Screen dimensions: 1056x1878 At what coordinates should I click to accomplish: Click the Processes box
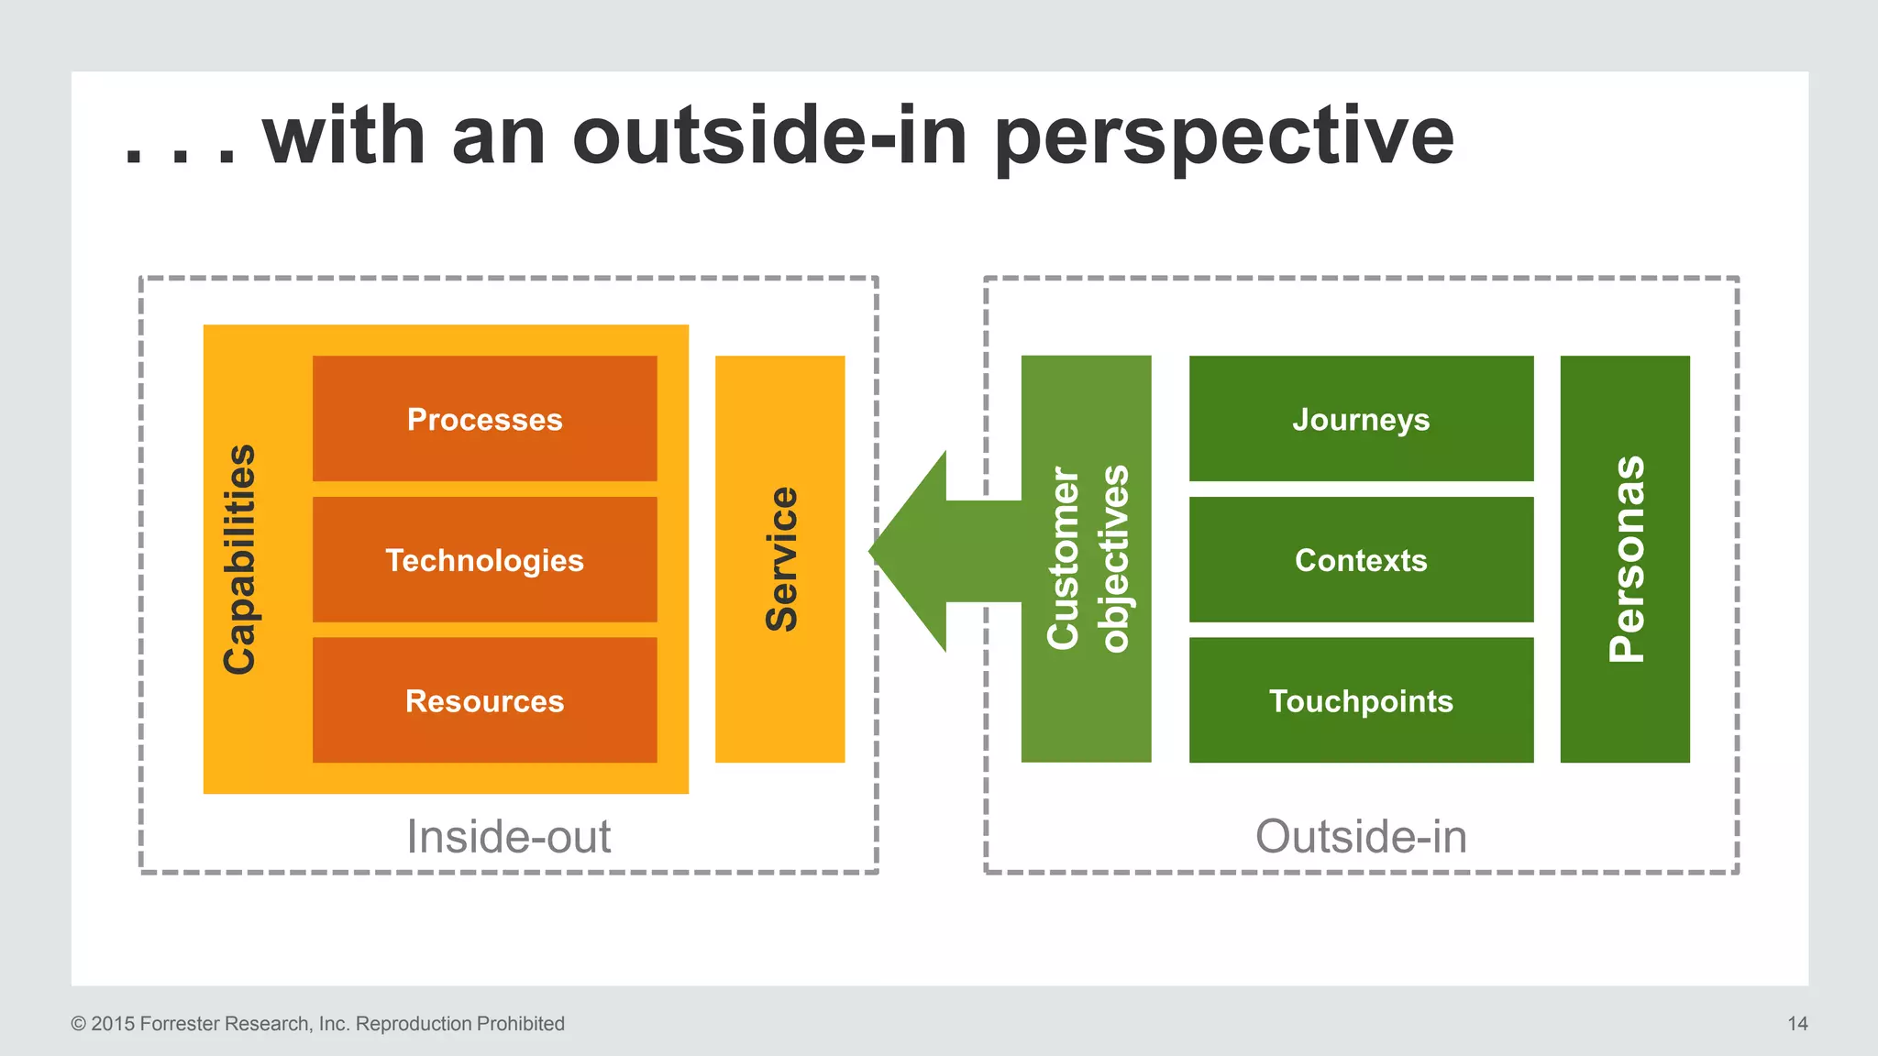(x=484, y=419)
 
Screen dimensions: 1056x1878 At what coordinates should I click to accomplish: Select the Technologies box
(x=484, y=560)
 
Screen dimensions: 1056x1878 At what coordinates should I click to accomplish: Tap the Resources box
(x=484, y=701)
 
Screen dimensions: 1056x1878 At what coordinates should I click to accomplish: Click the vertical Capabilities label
(x=240, y=559)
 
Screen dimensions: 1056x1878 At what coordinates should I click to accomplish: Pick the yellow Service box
(x=780, y=559)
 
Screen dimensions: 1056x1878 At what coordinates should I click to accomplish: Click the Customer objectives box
(x=1087, y=559)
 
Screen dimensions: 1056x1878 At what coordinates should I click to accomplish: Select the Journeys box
(x=1361, y=419)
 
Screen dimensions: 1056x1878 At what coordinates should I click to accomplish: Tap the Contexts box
(x=1361, y=560)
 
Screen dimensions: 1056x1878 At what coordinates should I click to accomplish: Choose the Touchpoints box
(x=1361, y=701)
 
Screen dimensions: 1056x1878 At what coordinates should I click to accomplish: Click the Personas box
(x=1626, y=559)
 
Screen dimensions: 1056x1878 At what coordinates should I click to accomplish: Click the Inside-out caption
(x=509, y=836)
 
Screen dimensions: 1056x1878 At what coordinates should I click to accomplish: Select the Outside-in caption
(x=1361, y=836)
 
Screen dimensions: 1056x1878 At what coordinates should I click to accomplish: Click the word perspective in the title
(x=1224, y=137)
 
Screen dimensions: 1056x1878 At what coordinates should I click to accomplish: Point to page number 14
(x=1797, y=1024)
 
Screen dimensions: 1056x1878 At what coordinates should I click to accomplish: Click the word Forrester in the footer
(x=180, y=1024)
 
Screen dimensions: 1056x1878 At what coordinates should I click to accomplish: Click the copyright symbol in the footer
(x=78, y=1024)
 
